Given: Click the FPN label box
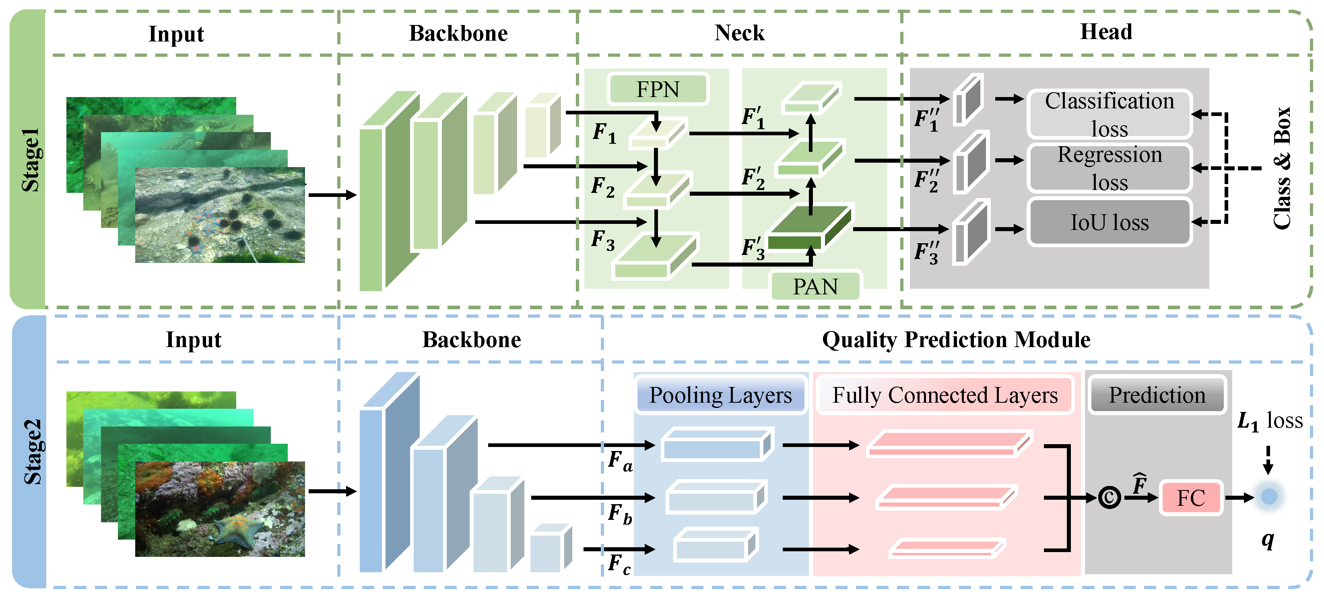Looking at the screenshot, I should (x=658, y=89).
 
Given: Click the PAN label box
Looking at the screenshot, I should (x=815, y=286).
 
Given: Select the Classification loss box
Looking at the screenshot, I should (x=1109, y=114).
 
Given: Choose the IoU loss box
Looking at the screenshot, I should (x=1109, y=222).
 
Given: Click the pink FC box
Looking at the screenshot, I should (x=1191, y=498).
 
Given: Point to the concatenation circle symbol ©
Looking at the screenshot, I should (x=1109, y=498).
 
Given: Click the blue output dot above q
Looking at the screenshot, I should (x=1268, y=497).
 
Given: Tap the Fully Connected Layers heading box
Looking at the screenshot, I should (x=945, y=395).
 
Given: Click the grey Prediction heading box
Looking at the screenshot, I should (x=1157, y=395).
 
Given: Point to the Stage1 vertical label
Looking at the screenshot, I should (x=30, y=159).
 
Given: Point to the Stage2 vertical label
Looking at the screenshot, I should (x=32, y=452).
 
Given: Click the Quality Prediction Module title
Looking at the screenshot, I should (x=956, y=340).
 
